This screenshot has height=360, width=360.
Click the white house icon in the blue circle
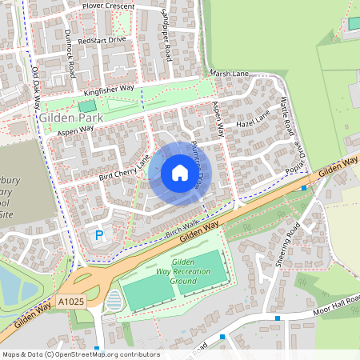pos(179,173)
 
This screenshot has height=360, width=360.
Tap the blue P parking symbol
pos(99,235)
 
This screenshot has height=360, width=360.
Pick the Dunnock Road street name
pos(69,54)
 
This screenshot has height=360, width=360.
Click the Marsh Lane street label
pos(230,74)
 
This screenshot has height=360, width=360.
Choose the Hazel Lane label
pos(254,122)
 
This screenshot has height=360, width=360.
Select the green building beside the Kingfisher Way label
pos(86,106)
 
